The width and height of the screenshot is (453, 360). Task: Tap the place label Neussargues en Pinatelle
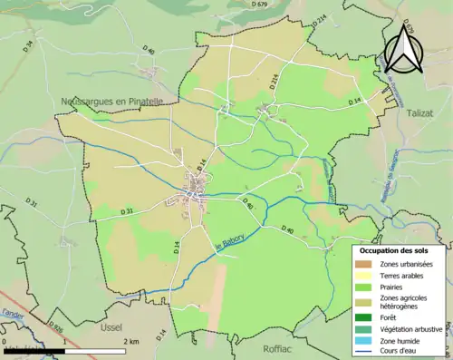point(111,102)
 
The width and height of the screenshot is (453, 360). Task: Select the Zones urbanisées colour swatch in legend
point(365,262)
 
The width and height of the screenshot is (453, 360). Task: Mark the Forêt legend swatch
point(365,317)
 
